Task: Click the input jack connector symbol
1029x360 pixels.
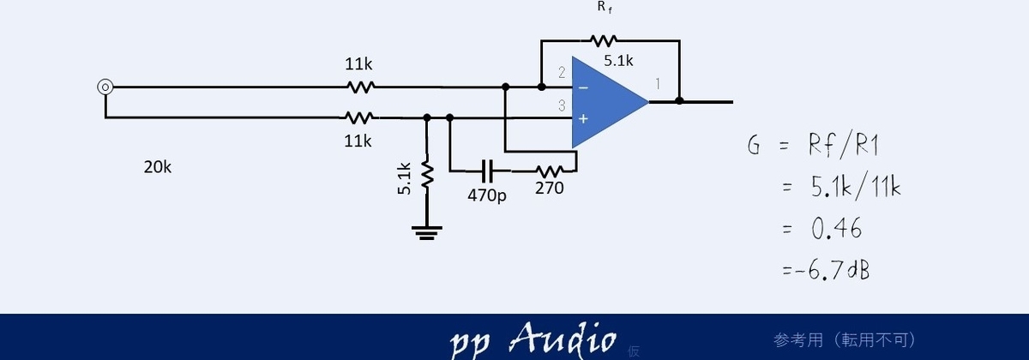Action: [105, 87]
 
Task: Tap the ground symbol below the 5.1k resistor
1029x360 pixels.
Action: [427, 233]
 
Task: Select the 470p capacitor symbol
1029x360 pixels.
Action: [488, 171]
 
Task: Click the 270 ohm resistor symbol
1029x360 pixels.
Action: [550, 171]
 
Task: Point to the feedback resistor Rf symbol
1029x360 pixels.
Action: [604, 41]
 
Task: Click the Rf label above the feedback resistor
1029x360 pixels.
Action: [605, 8]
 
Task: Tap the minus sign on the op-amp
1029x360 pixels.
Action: [583, 87]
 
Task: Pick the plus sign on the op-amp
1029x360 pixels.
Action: [583, 119]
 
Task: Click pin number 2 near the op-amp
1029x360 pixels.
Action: [562, 72]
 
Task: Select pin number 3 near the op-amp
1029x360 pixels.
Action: [562, 105]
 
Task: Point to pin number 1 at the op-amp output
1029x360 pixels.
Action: [658, 84]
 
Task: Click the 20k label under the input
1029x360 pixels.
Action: [158, 167]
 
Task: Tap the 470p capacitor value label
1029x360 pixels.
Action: [487, 195]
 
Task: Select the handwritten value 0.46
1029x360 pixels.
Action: [836, 228]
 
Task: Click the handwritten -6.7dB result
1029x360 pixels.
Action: [826, 269]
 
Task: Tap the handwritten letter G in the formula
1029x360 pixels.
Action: [754, 145]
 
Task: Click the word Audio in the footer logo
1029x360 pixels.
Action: [563, 339]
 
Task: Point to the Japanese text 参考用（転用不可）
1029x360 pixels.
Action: [845, 340]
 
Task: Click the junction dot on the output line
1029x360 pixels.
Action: [679, 101]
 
